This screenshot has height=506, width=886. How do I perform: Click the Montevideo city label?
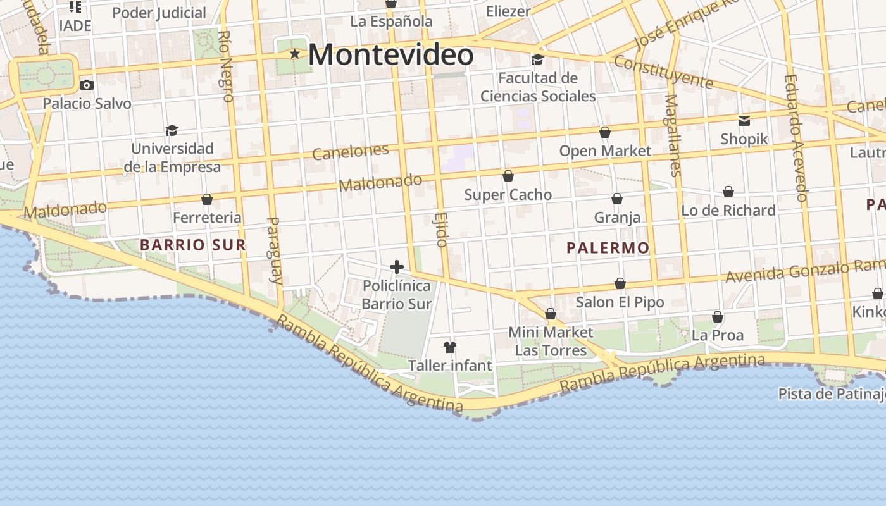(x=390, y=54)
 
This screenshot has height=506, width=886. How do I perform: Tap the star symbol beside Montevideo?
(x=294, y=54)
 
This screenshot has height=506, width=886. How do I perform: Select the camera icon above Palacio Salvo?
(x=87, y=85)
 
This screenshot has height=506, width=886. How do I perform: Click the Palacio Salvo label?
(x=87, y=104)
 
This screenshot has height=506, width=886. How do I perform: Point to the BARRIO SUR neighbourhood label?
(x=192, y=245)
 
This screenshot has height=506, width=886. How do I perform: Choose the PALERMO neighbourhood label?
(x=608, y=248)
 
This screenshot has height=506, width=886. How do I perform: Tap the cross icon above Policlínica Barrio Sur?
(x=397, y=267)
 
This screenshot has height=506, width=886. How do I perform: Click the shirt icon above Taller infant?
(x=450, y=347)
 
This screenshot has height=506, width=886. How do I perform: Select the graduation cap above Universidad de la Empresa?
(x=172, y=130)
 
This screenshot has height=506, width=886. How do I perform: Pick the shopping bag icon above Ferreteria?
(x=207, y=199)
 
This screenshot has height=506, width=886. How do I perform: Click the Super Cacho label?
(x=508, y=195)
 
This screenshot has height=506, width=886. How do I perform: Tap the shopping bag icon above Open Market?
(x=605, y=132)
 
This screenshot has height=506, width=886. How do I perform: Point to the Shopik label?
(x=744, y=139)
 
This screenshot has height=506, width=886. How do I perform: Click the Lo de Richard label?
(x=728, y=211)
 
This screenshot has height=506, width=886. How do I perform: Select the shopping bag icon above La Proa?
(x=718, y=316)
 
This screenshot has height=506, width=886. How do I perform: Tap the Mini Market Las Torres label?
(x=551, y=341)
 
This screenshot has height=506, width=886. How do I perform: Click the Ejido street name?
(x=441, y=229)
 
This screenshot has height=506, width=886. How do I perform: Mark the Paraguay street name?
(x=274, y=250)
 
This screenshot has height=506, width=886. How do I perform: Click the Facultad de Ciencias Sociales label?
(x=538, y=87)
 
